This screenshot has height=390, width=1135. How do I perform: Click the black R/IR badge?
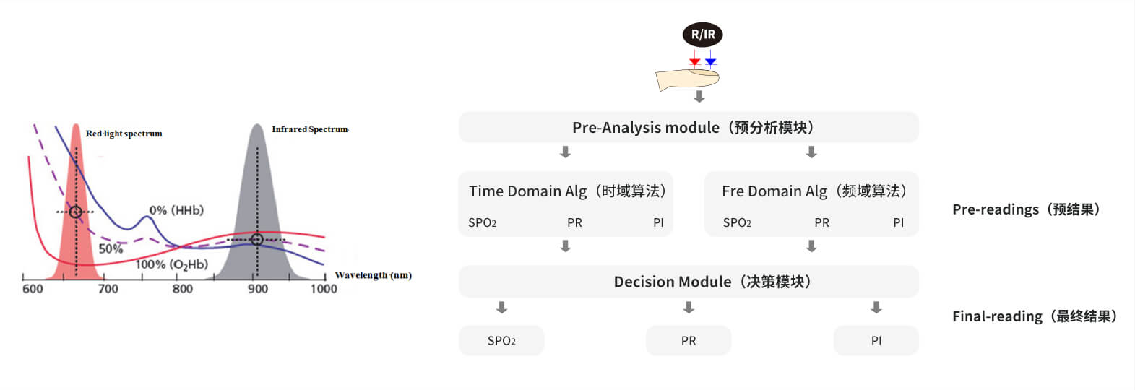[703, 35]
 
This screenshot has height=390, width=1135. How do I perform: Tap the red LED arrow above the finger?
[695, 58]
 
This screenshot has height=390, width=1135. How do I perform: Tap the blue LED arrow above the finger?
[710, 58]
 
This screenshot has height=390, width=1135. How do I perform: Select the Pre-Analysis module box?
[689, 127]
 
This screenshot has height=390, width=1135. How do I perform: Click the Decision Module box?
[689, 282]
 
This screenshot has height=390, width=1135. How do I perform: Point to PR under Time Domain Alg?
[574, 222]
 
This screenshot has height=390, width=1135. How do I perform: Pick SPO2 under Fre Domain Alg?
[737, 222]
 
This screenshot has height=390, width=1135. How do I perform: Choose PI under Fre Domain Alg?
[898, 222]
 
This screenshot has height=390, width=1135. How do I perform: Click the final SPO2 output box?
[501, 340]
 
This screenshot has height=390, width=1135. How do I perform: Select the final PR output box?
[689, 340]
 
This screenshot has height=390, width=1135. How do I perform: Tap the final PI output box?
[876, 340]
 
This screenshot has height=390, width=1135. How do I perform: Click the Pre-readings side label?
[1026, 209]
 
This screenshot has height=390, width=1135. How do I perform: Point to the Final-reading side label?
[1035, 316]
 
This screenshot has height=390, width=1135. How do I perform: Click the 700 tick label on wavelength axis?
[108, 289]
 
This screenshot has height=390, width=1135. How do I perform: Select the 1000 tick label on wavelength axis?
[324, 289]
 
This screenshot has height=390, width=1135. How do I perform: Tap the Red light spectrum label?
[124, 134]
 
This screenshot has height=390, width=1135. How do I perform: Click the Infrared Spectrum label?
[310, 129]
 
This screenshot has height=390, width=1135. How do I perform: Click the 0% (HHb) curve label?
[176, 210]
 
